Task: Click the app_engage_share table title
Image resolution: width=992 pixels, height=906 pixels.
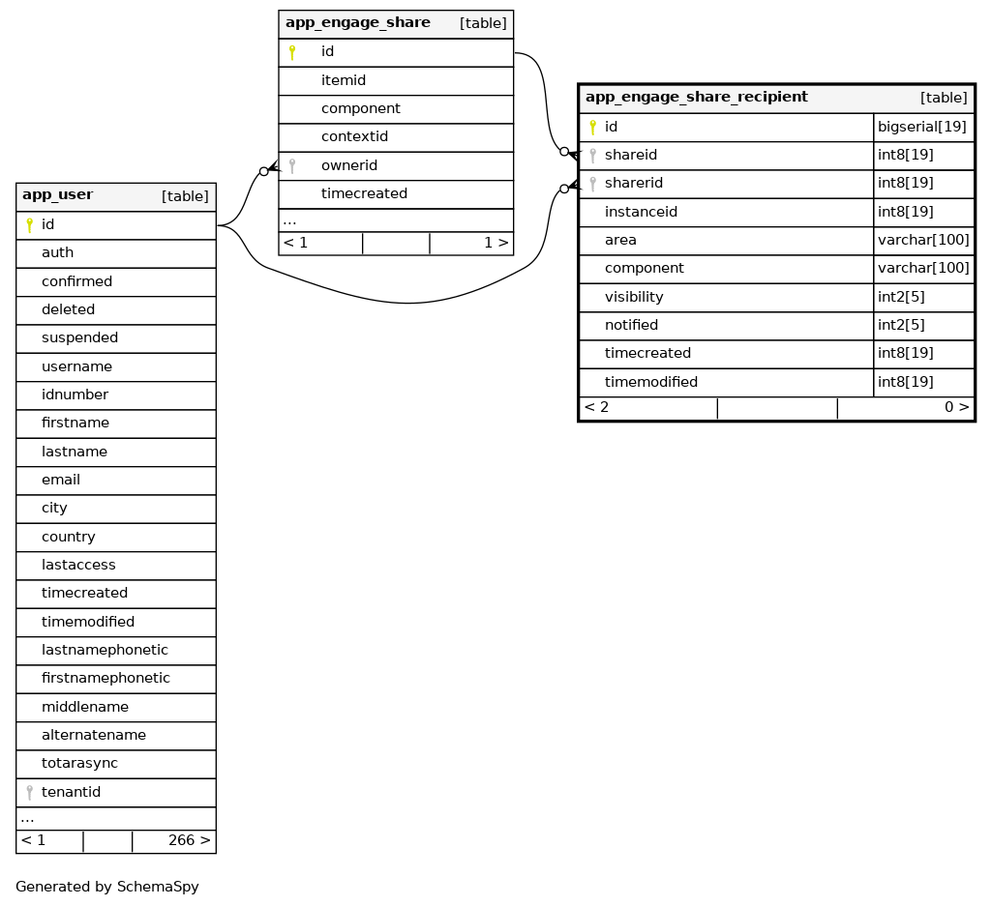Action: click(357, 23)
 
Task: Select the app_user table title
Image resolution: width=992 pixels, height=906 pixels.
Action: click(57, 195)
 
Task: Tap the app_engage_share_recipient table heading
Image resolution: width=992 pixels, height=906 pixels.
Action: click(696, 97)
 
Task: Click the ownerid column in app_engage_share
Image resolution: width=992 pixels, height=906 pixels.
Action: click(348, 165)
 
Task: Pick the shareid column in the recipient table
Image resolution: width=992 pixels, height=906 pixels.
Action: click(630, 155)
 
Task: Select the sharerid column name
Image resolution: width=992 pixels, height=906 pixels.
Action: click(633, 183)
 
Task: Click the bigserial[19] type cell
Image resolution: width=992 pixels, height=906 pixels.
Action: click(921, 127)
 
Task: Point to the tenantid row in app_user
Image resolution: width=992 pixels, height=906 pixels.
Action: click(71, 792)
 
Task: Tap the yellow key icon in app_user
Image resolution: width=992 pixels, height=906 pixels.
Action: click(30, 225)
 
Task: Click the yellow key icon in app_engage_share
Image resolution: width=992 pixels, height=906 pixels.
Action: click(292, 52)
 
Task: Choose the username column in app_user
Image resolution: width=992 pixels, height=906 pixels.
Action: click(76, 366)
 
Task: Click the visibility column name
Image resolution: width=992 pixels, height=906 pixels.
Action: click(634, 297)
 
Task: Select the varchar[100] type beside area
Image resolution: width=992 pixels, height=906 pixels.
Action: click(922, 240)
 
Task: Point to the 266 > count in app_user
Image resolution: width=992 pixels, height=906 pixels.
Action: click(189, 840)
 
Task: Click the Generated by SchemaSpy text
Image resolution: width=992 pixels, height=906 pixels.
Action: click(106, 887)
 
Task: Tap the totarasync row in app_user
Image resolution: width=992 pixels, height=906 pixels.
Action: click(79, 763)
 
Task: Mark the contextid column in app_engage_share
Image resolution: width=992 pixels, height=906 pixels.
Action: click(354, 137)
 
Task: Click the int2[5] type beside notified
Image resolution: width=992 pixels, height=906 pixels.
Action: click(901, 325)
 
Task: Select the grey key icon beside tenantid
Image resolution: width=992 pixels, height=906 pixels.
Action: click(30, 793)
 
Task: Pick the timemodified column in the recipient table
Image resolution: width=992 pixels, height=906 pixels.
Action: click(650, 382)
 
